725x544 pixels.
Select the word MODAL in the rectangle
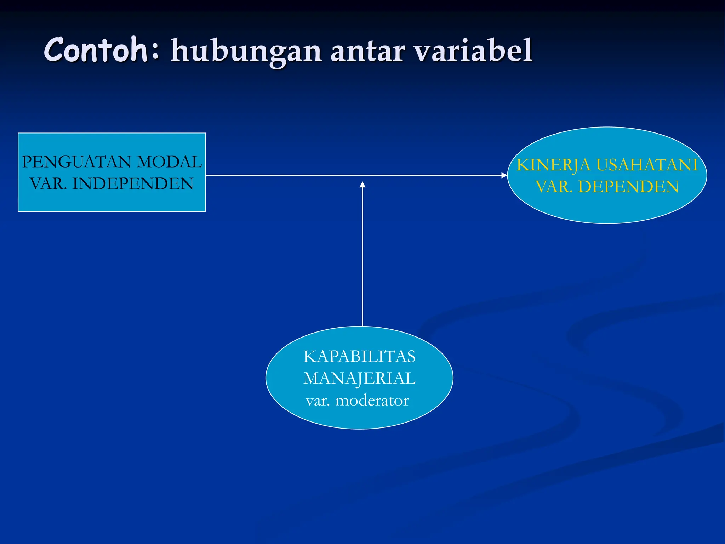click(169, 162)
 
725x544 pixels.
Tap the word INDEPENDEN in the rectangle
click(133, 184)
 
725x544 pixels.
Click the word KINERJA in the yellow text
click(553, 165)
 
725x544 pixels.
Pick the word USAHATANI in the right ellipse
click(647, 165)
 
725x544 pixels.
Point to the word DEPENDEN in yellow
click(628, 187)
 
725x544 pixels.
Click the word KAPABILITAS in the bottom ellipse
click(359, 356)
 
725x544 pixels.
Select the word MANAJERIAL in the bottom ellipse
click(359, 378)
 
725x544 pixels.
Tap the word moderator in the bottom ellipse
click(372, 401)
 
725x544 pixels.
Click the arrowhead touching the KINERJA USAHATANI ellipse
click(504, 175)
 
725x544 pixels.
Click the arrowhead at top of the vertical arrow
click(362, 185)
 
